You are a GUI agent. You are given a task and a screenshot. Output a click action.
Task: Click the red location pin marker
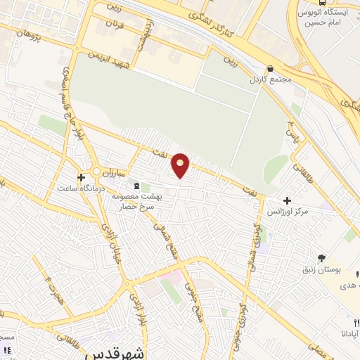[181, 165]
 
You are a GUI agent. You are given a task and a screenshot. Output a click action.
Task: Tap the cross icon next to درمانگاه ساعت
[82, 177]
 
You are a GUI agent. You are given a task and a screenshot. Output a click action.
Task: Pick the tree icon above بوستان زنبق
[321, 259]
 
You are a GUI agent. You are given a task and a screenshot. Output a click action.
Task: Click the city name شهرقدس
[113, 354]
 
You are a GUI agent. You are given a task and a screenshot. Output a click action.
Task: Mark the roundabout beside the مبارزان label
[96, 172]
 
